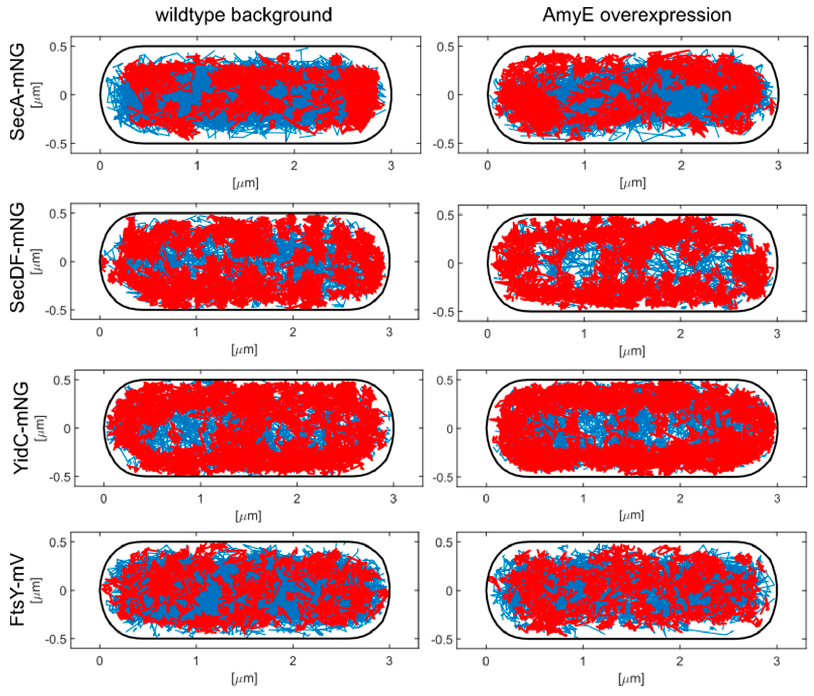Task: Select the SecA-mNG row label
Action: [17, 92]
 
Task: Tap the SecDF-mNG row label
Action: [17, 258]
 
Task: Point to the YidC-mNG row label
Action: [21, 428]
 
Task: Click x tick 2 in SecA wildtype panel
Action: [294, 166]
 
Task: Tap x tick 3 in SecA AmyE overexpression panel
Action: [778, 166]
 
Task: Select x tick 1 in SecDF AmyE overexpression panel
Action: [584, 334]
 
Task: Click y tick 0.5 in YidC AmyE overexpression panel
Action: [444, 380]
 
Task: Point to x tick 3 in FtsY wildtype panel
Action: [389, 661]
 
